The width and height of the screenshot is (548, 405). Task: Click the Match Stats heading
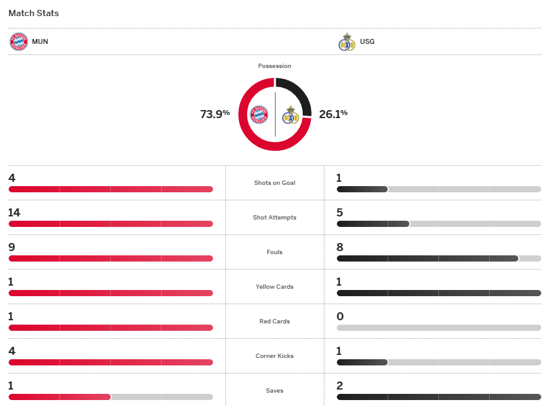point(34,13)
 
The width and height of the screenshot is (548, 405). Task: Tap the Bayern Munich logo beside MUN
point(19,41)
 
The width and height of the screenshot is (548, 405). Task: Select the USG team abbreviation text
point(367,41)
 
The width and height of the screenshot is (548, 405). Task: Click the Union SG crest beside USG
point(347,41)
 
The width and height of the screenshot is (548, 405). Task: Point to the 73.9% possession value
point(215,114)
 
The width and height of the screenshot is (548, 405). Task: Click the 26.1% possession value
point(333,114)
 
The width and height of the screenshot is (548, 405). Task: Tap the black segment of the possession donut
point(296,93)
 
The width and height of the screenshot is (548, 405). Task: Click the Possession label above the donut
point(275,66)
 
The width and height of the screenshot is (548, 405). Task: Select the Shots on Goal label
point(275,183)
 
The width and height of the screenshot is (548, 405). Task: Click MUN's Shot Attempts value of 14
point(14,213)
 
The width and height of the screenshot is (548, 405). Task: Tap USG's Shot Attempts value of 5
point(339,213)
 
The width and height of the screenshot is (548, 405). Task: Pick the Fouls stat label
point(275,252)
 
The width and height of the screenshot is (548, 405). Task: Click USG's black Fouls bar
point(427,258)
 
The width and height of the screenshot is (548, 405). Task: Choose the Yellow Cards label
point(275,287)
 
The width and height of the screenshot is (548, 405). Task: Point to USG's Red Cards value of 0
point(340,317)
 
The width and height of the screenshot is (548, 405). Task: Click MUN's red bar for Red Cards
point(111,328)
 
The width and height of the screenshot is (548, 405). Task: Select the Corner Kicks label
point(275,356)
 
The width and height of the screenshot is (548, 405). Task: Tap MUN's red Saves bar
point(59,397)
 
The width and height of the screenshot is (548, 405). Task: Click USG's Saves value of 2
point(339,386)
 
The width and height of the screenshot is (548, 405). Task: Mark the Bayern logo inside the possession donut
point(259,115)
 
